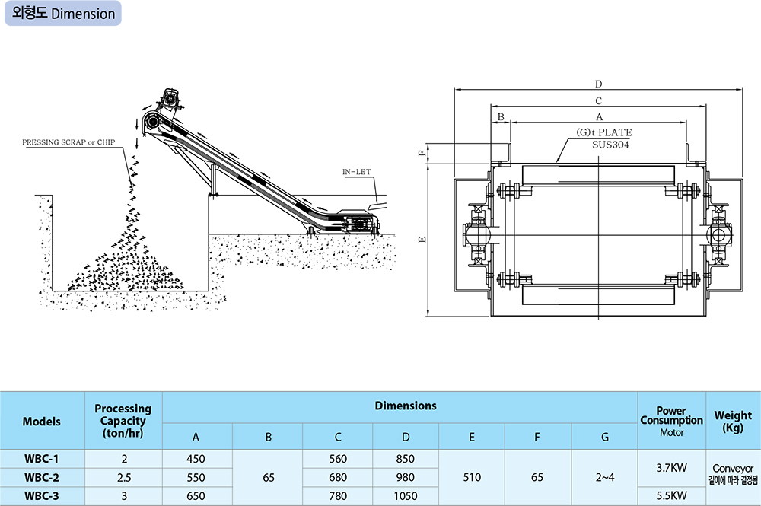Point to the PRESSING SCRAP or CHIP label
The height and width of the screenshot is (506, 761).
coord(73,142)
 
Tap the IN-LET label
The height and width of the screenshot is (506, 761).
coord(356,173)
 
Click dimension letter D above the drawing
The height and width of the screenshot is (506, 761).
coord(598,84)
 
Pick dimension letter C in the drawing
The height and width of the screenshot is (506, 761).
coord(598,100)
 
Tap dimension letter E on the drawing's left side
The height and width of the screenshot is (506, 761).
coord(423,239)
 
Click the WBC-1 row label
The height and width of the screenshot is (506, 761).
coord(42,459)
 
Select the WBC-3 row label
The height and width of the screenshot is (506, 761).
coord(42,495)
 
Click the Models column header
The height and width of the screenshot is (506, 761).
coord(42,421)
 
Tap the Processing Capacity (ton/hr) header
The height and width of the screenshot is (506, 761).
coord(123,421)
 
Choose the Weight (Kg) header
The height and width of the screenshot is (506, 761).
coord(733,421)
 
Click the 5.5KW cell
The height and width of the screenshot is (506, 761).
coord(672,495)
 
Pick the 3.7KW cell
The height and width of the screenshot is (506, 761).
coord(672,468)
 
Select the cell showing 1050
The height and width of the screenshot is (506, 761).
coord(406,495)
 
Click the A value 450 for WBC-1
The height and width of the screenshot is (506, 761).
coord(196,459)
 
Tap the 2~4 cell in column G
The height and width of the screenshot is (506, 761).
coord(605,477)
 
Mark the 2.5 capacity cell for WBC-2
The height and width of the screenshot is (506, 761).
coord(123,477)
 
